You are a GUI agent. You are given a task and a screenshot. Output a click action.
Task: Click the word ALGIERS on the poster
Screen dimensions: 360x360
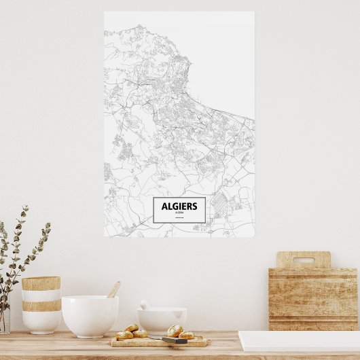[179, 206]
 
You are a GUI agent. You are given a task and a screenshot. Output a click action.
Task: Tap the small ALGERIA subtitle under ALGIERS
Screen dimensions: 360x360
[179, 213]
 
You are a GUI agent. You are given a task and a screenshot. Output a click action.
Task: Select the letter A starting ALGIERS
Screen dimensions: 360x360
[164, 206]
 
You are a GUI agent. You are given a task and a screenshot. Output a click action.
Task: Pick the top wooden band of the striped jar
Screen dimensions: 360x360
[41, 283]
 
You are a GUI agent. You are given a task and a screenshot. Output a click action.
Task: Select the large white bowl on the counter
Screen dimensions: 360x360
[90, 315]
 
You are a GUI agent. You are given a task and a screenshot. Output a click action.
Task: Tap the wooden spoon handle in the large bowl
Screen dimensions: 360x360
[113, 290]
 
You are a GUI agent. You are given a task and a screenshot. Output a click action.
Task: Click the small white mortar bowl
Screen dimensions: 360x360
[162, 320]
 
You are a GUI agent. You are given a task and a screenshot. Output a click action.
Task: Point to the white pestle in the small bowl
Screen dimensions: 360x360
[145, 305]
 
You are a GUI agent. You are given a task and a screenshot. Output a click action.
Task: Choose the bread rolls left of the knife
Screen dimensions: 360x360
[131, 331]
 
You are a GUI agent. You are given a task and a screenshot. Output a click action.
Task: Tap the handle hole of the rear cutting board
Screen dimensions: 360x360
[303, 260]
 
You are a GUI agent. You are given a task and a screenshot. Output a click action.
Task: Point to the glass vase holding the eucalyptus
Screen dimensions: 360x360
[4, 319]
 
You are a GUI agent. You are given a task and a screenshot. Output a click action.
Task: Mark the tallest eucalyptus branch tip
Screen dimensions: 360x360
[26, 208]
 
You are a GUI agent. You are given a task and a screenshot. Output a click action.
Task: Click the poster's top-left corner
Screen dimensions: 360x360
[105, 12]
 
